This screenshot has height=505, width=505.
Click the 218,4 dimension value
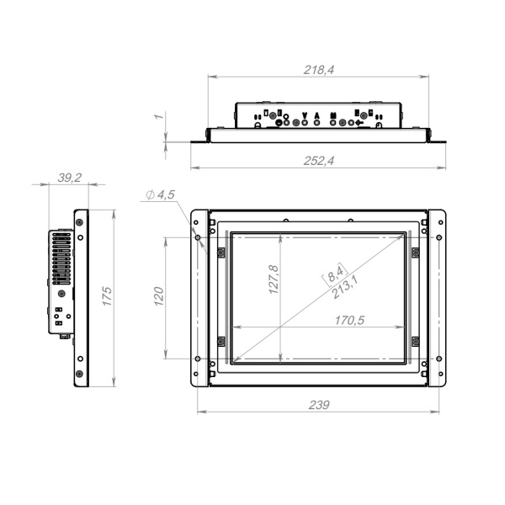pos(319,70)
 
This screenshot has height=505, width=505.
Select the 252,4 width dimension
pos(319,161)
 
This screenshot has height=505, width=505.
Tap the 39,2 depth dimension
pos(70,178)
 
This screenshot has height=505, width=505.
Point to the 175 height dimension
pos(107,296)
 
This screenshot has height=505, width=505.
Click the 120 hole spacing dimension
pos(159,296)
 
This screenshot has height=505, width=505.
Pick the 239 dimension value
pos(319,405)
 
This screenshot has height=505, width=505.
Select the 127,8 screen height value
pos(274,279)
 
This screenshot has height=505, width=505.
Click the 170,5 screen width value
pos(349,320)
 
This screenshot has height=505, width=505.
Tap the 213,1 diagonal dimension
pos(344,288)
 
